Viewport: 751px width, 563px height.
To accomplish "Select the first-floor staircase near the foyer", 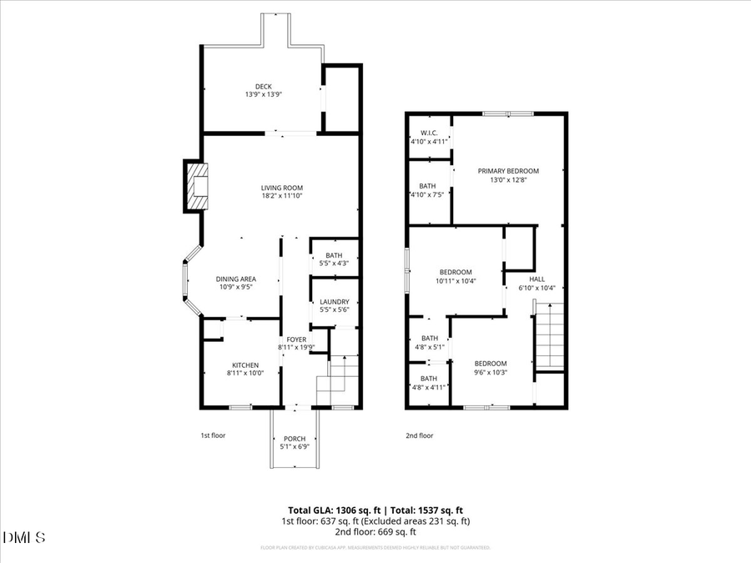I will pyautogui.click(x=337, y=379).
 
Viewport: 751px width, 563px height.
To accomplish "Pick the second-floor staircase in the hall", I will pyautogui.click(x=549, y=338).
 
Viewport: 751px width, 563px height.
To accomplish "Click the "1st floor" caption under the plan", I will pyautogui.click(x=212, y=435).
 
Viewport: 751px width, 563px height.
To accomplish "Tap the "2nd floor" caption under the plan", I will pyautogui.click(x=419, y=435).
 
